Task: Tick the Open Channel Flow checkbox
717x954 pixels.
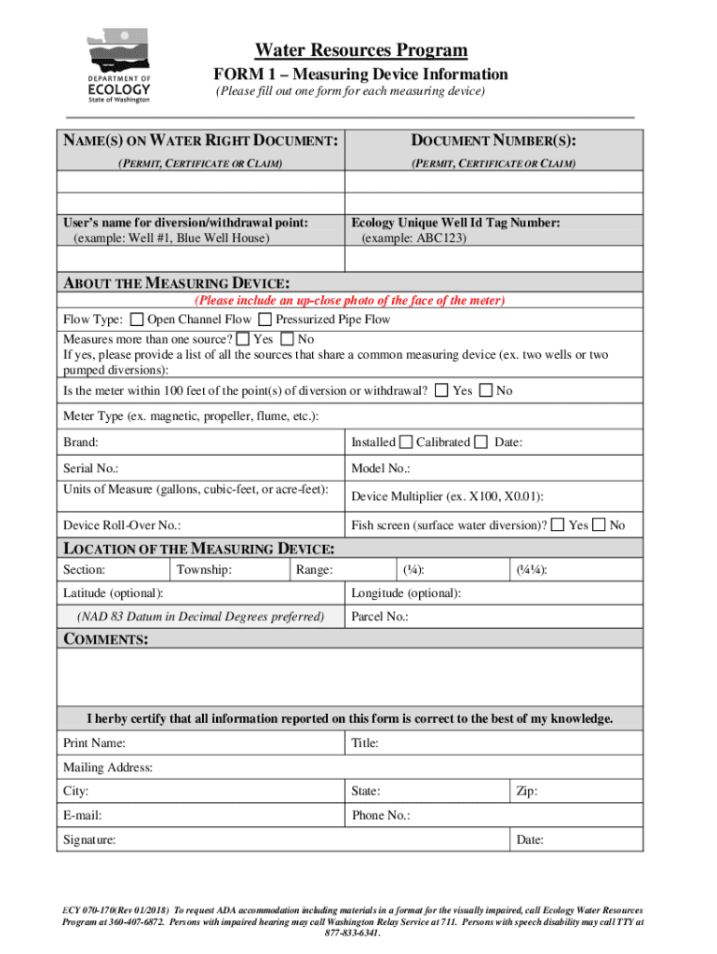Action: (x=138, y=320)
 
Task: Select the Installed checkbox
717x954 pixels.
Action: (x=406, y=442)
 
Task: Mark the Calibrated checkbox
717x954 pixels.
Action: (x=480, y=442)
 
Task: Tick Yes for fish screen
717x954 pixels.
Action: (x=557, y=525)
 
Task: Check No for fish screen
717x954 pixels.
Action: (x=600, y=525)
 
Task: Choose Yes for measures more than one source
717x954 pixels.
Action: (x=243, y=339)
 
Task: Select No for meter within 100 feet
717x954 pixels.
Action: (x=485, y=390)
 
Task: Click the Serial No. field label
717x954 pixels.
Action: (x=90, y=469)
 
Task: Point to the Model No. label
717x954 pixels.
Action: (x=381, y=469)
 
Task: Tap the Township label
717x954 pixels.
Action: (x=204, y=569)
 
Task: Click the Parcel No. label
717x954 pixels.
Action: (x=379, y=617)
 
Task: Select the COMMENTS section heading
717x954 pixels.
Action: (x=105, y=639)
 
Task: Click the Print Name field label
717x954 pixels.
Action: (x=94, y=743)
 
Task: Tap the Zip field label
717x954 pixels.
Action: (x=526, y=792)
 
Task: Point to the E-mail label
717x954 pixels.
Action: (x=82, y=815)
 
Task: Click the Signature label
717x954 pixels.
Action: (x=89, y=839)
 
